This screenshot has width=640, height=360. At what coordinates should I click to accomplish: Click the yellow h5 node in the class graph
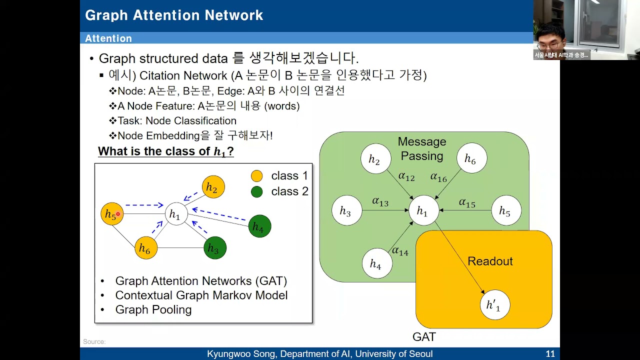112,213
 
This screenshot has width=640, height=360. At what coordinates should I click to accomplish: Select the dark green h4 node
259,226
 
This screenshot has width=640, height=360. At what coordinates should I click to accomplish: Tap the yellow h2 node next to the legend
213,187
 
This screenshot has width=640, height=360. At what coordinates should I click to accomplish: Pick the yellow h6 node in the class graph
146,248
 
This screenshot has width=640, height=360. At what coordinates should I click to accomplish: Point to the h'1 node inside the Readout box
495,304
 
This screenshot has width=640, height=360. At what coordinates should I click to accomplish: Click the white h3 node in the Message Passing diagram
347,210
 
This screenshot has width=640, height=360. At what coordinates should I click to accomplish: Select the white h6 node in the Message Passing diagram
471,158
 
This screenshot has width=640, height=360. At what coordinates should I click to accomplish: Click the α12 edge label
406,176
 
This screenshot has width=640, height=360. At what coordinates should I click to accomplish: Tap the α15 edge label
467,203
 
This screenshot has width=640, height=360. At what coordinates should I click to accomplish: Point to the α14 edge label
400,251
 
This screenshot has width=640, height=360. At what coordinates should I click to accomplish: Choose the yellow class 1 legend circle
256,176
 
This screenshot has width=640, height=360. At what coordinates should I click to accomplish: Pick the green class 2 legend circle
256,191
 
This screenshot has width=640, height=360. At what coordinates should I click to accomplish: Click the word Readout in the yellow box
490,261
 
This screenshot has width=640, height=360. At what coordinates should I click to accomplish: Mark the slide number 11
550,353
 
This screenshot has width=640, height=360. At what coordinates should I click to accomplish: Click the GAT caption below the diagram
424,337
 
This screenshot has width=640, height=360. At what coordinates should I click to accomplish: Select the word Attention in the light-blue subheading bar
108,38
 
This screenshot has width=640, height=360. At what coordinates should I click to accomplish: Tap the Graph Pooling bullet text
153,309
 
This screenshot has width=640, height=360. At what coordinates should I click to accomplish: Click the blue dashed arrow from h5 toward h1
144,205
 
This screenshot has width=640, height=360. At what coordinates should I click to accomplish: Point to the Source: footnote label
94,341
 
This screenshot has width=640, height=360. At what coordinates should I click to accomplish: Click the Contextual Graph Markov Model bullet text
201,295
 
